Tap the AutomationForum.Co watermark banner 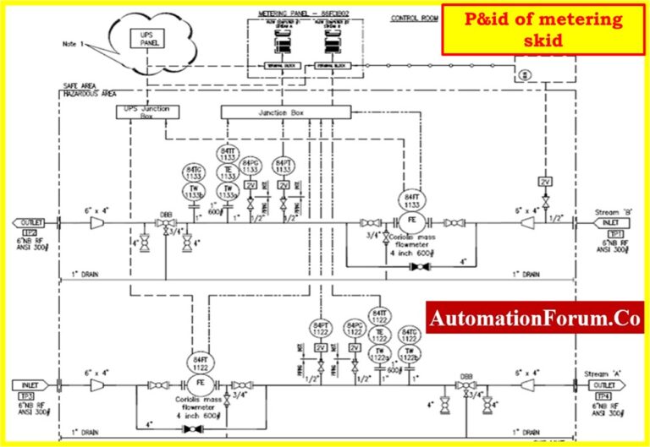click(x=535, y=319)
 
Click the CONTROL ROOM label click(x=413, y=19)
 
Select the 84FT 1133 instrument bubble click(x=412, y=201)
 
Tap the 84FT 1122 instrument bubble click(x=200, y=361)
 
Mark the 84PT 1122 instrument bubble click(x=320, y=328)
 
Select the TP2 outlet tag click(x=29, y=232)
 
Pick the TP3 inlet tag click(x=29, y=395)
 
